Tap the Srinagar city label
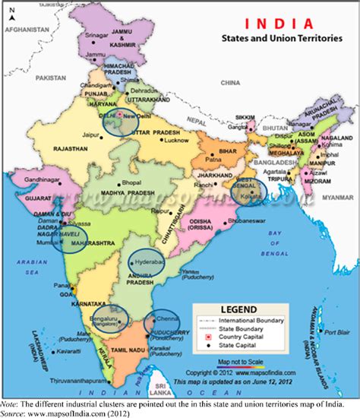(99, 35)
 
